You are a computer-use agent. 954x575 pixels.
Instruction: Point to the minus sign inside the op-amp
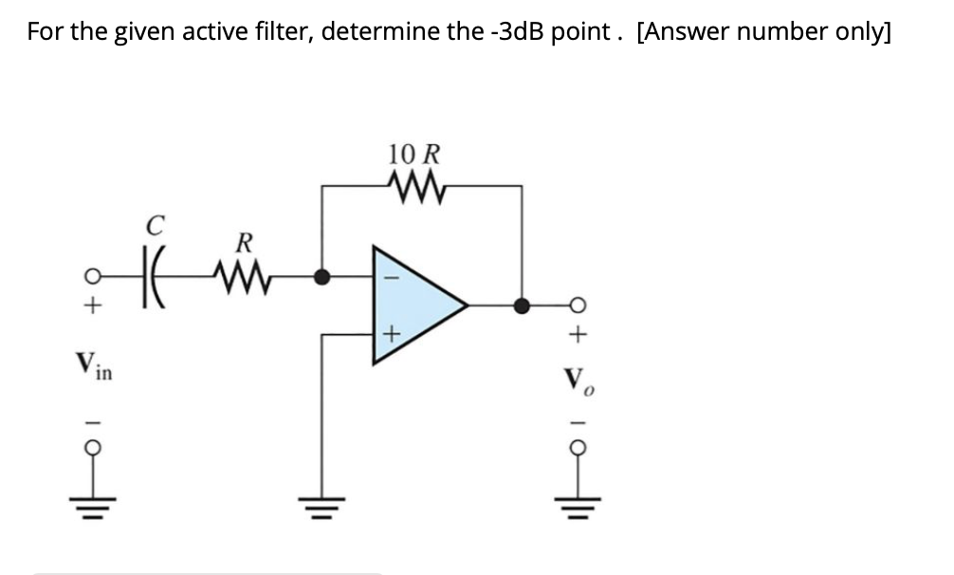pyautogui.click(x=387, y=279)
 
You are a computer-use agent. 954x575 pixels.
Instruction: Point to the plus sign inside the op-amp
pyautogui.click(x=387, y=334)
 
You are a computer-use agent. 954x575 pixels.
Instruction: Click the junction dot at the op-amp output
pyautogui.click(x=521, y=306)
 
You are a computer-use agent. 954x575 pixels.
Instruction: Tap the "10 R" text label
pyautogui.click(x=413, y=153)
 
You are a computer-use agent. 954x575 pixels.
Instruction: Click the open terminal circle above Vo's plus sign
pyautogui.click(x=581, y=306)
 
